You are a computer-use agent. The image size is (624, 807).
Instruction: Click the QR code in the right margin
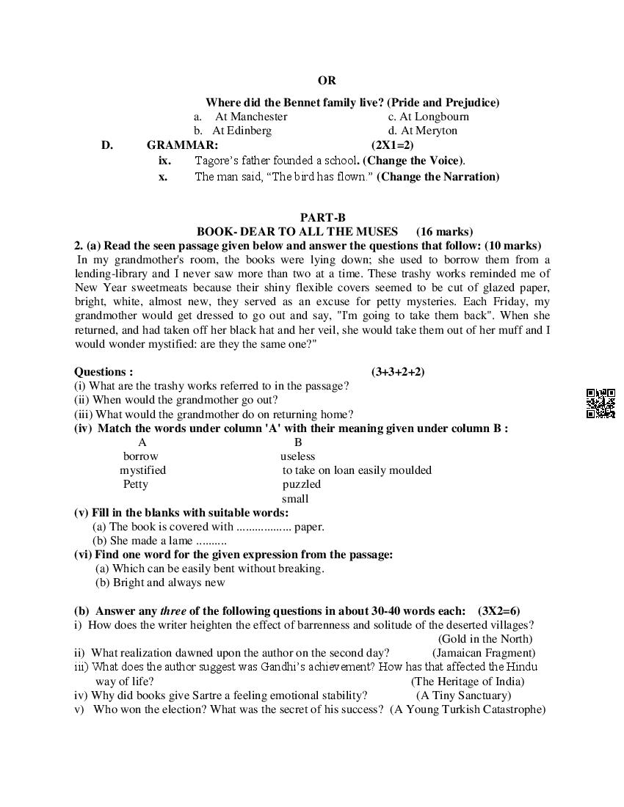pos(601,403)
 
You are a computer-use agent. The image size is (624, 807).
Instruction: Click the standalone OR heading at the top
pos(327,81)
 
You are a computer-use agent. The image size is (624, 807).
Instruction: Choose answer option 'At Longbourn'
pos(434,117)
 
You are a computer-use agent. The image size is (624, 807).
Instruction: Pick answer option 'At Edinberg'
pos(242,131)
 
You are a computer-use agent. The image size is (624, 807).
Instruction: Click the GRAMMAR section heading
pos(182,145)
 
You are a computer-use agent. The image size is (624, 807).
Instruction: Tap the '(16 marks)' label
pos(444,232)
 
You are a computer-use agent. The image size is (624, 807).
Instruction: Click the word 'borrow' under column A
pos(140,456)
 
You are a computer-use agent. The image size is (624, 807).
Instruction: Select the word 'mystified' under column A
pos(142,470)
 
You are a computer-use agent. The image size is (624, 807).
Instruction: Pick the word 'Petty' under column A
pos(136,484)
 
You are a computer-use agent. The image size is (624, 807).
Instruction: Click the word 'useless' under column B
pos(297,456)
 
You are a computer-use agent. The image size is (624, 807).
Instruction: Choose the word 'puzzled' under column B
pos(302,484)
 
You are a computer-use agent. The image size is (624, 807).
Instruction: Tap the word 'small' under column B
pos(295,499)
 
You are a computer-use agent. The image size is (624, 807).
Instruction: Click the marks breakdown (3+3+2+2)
pos(398,372)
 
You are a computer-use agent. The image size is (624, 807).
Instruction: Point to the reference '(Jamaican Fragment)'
pos(484,653)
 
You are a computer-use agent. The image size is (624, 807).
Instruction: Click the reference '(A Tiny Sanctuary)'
pos(463,695)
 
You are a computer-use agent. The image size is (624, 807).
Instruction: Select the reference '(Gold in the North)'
pos(485,639)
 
